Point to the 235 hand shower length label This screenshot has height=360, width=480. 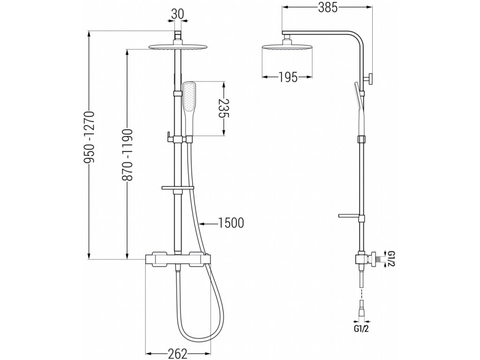coord(225,109)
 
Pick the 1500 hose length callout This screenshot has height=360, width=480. coord(231,223)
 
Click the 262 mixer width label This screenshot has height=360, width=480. coord(178,352)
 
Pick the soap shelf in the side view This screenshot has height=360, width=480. coord(349,216)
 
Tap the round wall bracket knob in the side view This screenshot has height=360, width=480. coord(371,79)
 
